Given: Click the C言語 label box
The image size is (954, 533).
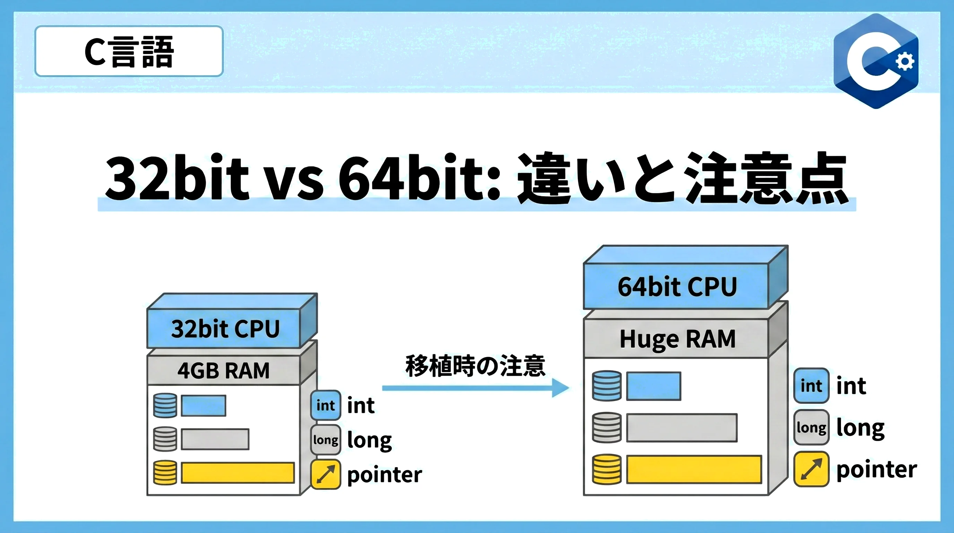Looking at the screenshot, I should point(129,51).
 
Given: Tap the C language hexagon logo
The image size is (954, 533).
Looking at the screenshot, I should point(876,61).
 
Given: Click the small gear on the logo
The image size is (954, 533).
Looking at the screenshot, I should point(905,61).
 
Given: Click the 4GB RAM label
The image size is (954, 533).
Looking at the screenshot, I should point(223,370).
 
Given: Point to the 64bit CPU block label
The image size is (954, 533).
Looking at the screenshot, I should point(677,287).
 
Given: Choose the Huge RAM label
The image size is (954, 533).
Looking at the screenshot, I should point(677,339).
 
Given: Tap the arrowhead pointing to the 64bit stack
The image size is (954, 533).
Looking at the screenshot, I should point(560,388).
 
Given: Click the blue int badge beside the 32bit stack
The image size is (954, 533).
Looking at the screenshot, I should point(326,405).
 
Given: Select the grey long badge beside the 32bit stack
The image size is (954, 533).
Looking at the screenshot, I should point(326,440).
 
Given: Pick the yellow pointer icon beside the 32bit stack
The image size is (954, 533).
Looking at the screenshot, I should point(326,474).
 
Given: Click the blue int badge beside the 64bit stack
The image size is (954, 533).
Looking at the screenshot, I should point(811,386).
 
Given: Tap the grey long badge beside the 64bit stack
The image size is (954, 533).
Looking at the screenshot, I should point(811,428).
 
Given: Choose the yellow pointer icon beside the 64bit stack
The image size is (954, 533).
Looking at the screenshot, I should point(811,469).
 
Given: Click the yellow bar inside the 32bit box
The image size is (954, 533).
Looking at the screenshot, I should point(238,473).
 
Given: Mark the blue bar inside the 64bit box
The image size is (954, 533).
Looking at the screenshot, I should point(653,386).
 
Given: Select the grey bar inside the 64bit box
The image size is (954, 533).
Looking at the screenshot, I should point(682,428).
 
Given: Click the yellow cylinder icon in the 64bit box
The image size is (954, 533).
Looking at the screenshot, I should point(607,469).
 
